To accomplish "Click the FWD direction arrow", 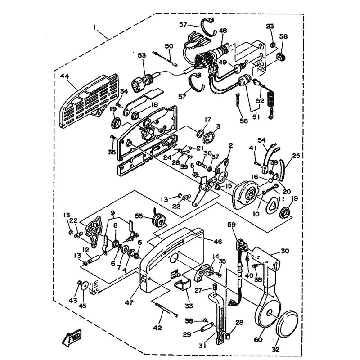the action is point(72,337).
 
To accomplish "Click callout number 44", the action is point(65,76).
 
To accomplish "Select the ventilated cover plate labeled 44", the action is point(89,101).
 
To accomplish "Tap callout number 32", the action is point(276,349).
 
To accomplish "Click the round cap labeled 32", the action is point(287,323).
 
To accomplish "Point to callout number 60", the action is point(258,339).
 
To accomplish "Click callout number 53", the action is point(142,55).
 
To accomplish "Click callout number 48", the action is point(223,31).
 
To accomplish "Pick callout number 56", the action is point(283,36).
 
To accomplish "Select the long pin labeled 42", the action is point(166,310).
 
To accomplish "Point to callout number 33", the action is point(189,306).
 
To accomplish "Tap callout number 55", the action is point(139,216).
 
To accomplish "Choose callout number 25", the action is point(296,156).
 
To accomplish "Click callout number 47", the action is point(129,302).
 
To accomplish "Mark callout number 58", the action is point(244,121).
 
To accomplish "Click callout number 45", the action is point(82,306).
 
